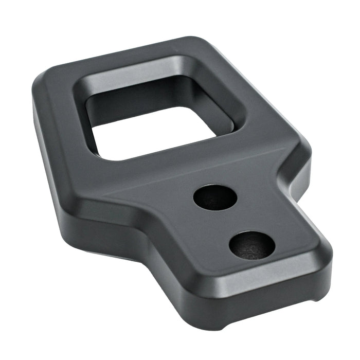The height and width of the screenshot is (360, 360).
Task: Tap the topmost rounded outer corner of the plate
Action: pos(198,41)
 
